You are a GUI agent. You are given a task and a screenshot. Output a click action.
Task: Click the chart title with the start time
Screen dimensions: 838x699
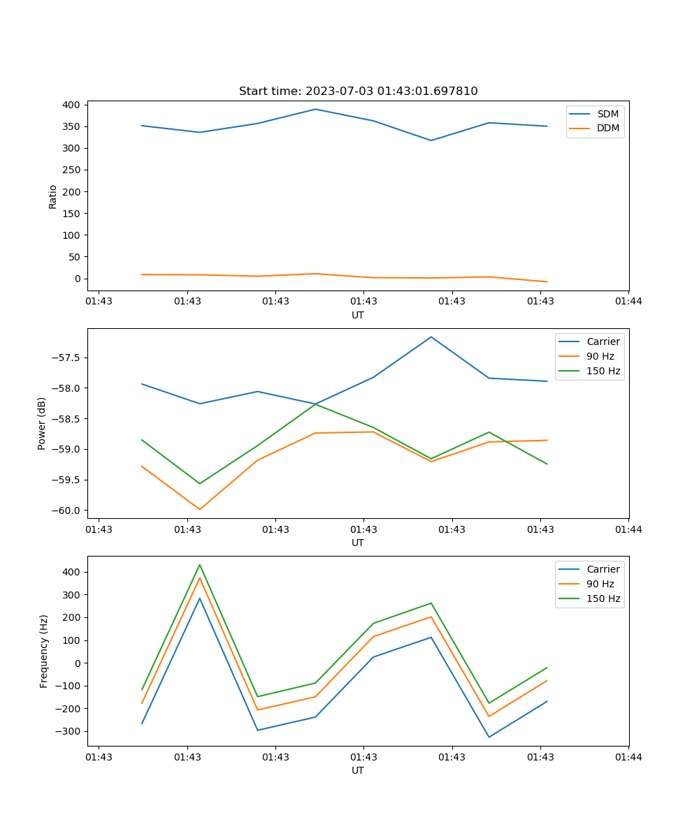tap(358, 91)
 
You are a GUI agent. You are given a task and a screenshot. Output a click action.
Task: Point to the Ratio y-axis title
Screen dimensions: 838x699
tap(53, 197)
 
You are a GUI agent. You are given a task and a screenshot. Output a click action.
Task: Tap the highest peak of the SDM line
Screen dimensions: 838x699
tap(315, 109)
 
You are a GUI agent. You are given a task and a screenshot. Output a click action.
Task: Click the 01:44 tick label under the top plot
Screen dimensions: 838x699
tap(628, 302)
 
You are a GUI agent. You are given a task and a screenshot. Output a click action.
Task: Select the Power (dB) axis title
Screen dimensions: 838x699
tap(42, 423)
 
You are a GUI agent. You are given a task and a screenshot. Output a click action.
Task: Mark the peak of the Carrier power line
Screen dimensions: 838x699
tap(431, 337)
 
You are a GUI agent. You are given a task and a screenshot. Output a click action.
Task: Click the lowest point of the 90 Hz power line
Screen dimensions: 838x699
tap(200, 509)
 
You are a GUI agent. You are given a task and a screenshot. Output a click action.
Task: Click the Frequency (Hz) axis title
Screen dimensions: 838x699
tap(43, 651)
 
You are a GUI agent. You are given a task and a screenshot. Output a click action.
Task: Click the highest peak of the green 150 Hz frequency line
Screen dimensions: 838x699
tap(200, 564)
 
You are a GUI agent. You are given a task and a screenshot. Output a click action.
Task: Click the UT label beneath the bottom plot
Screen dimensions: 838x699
tap(358, 770)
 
